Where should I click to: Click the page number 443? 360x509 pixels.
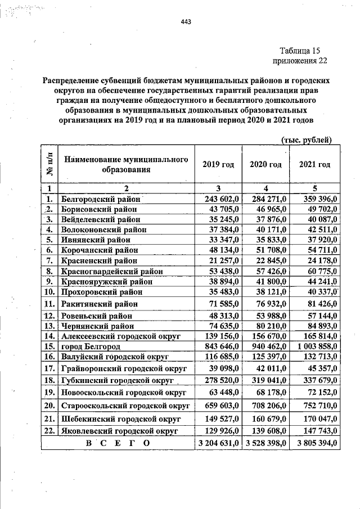(x=186, y=22)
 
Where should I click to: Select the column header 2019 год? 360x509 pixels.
(x=218, y=164)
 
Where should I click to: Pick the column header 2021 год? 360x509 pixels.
(x=314, y=164)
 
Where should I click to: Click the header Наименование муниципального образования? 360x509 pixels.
(x=125, y=164)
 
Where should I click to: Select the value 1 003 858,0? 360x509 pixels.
(x=314, y=345)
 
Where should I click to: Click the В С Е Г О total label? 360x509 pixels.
(x=116, y=444)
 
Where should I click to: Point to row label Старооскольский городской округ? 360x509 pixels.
(x=120, y=405)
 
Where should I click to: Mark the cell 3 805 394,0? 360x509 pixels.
(x=314, y=444)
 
